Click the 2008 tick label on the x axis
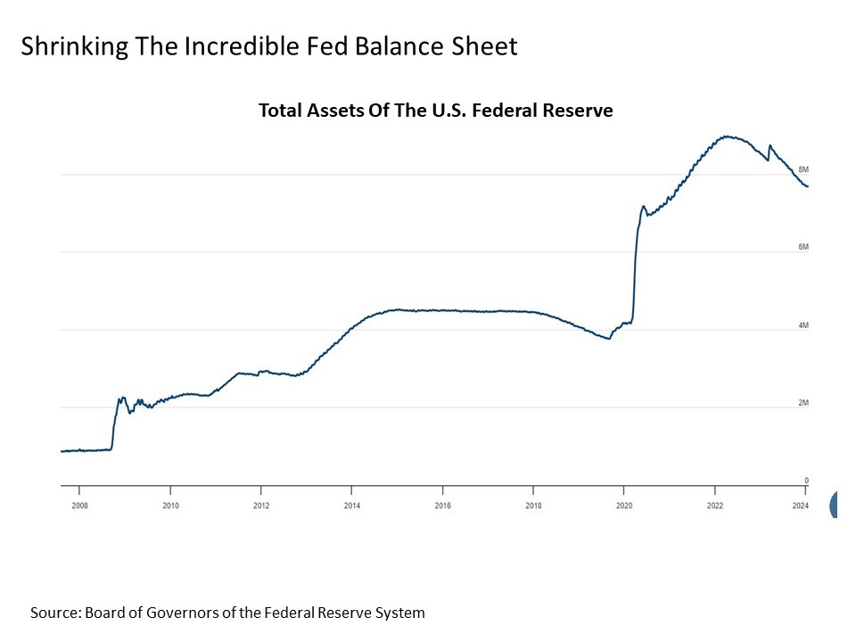(x=78, y=505)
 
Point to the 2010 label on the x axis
(x=170, y=505)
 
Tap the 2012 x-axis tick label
(x=260, y=505)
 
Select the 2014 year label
(x=351, y=505)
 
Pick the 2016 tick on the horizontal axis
(x=443, y=505)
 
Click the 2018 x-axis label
(x=533, y=505)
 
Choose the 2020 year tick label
(x=623, y=505)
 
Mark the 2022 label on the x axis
(x=715, y=505)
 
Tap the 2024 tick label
(x=801, y=505)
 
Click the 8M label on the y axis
(x=802, y=169)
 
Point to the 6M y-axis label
(x=802, y=247)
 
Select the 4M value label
(x=802, y=325)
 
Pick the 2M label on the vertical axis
(x=802, y=403)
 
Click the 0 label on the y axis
(x=805, y=481)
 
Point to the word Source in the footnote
(x=54, y=613)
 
